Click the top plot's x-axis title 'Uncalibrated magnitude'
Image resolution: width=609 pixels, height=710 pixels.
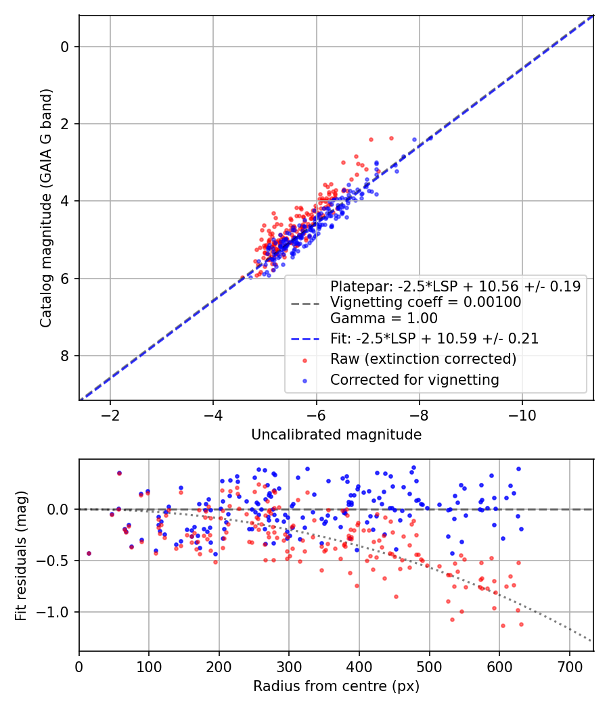pos(336,435)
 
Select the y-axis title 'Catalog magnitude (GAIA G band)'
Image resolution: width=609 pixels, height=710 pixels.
pos(46,208)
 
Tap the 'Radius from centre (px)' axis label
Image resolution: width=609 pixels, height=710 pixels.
pos(336,686)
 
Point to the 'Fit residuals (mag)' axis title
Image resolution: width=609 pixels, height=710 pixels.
pos(22,555)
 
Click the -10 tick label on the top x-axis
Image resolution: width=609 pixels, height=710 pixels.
pos(522,415)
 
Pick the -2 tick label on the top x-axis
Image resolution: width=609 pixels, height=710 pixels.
pos(110,415)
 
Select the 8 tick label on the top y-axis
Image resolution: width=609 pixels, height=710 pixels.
pos(65,356)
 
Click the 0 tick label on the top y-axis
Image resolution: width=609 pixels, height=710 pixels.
pos(65,47)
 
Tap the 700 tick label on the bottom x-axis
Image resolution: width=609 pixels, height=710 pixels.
pos(569,667)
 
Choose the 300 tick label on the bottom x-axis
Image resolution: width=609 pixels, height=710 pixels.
pos(289,667)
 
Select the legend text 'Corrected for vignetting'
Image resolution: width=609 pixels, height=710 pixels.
pos(414,380)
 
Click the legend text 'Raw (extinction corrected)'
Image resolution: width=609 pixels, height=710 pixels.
pos(423,359)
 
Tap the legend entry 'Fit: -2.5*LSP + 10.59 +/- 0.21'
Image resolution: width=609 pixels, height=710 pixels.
pos(434,339)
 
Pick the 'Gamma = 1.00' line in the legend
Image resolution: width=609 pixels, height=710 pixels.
pos(384,318)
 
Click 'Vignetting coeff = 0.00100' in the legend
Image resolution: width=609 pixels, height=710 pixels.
pos(426,303)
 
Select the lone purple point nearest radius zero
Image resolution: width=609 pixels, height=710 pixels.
pos(89,553)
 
